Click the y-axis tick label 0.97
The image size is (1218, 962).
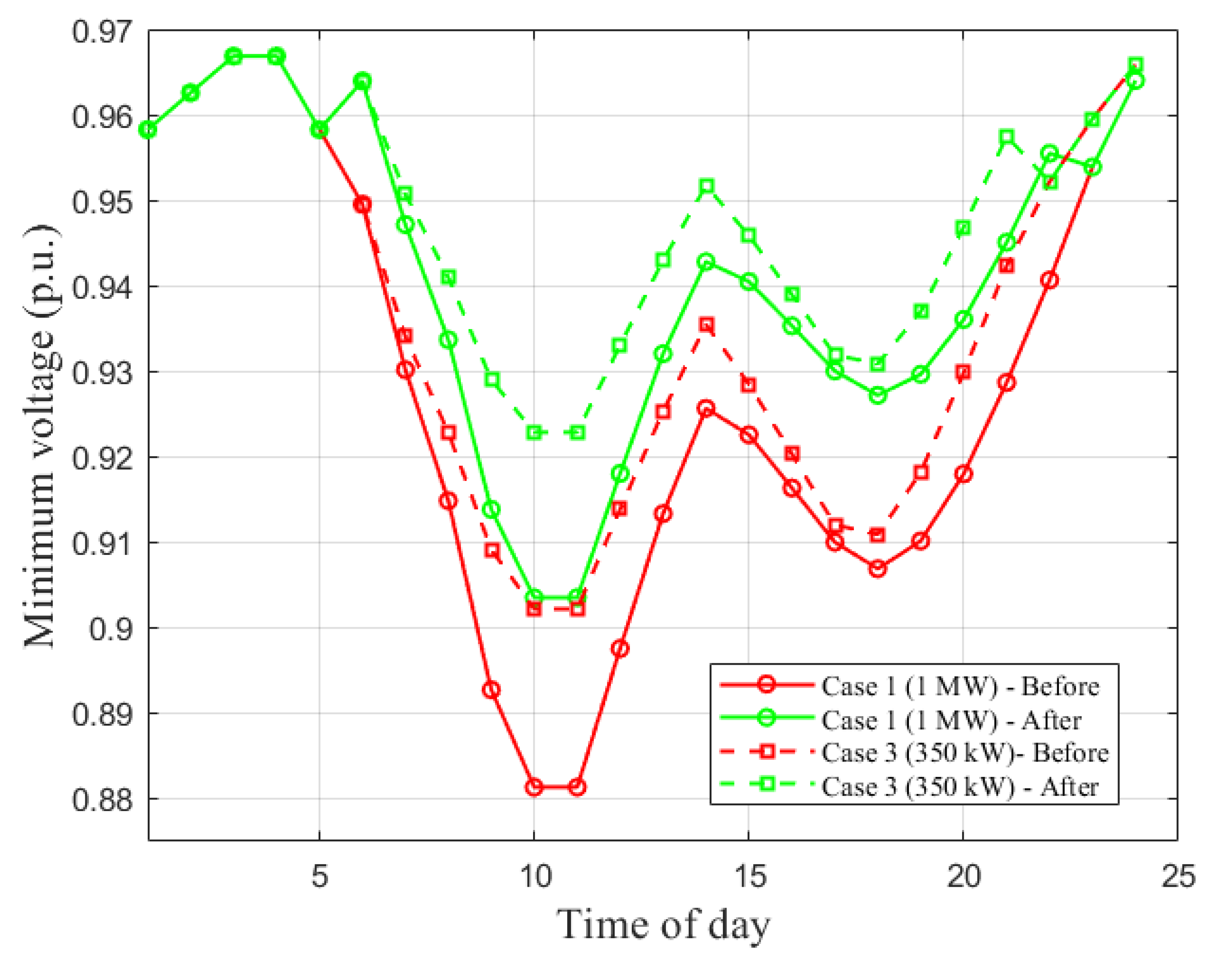coord(101,32)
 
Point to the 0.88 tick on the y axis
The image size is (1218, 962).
coord(101,800)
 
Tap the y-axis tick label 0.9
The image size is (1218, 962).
coord(110,629)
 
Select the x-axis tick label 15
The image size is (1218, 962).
coord(750,876)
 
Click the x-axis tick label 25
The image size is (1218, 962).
coord(1178,876)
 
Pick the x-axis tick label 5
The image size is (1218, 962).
coord(320,876)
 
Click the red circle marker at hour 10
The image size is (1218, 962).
coord(534,787)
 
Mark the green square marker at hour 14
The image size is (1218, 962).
coord(707,186)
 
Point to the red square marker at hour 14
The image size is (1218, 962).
coord(707,324)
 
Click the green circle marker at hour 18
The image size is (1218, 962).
coord(878,395)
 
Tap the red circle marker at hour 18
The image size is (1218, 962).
coord(878,569)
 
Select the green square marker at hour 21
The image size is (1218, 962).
coord(1007,137)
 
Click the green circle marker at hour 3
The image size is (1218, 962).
coord(234,56)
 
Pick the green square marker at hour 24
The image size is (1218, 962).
coord(1136,64)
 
